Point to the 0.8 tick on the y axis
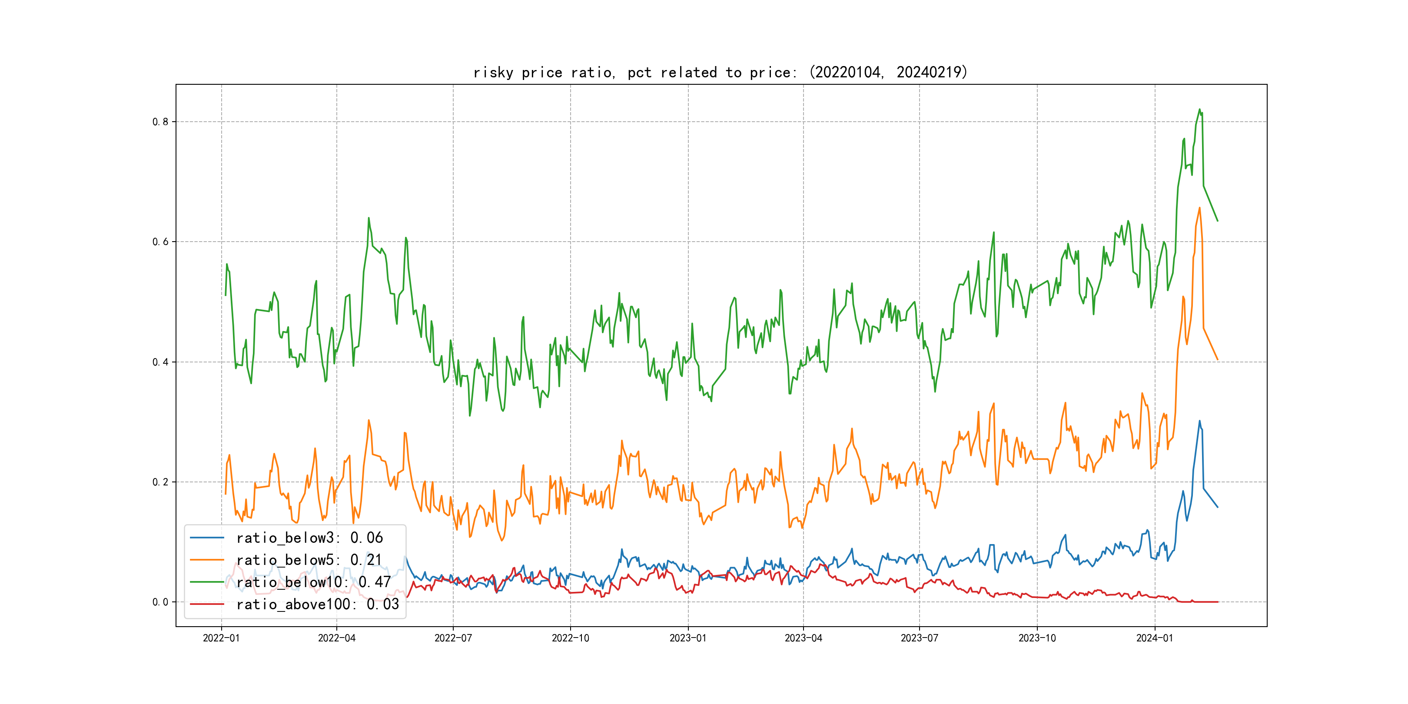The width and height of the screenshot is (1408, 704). (160, 122)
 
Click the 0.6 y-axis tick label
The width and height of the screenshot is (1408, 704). (160, 242)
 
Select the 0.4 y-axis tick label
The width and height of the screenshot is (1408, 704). (160, 362)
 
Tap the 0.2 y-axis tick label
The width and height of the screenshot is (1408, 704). (160, 482)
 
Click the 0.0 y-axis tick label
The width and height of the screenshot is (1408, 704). (160, 602)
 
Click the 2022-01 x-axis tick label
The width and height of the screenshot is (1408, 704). (221, 638)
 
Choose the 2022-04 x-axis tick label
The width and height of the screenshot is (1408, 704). (337, 638)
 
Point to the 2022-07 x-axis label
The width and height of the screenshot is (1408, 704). (453, 638)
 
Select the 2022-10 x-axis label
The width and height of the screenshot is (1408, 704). (571, 638)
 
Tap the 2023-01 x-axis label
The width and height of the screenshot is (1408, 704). (688, 638)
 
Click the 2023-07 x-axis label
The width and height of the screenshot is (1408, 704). (920, 638)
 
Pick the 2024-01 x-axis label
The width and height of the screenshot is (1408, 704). (1155, 638)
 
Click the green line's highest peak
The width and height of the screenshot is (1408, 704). (1200, 110)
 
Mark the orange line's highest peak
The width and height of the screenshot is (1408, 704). (1200, 208)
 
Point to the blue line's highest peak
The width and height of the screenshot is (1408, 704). (1200, 421)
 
